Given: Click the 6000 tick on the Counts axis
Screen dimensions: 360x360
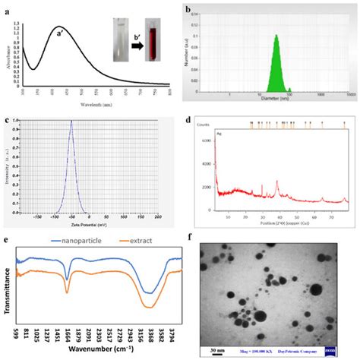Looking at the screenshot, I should tap(206, 141).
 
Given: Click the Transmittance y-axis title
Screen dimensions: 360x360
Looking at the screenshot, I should tap(7, 288).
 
